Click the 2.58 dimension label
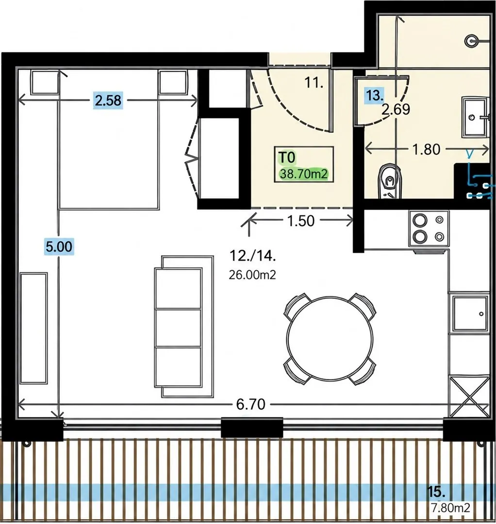(x=108, y=100)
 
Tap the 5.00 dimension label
(x=59, y=246)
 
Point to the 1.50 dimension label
(x=301, y=221)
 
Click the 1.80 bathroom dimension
(x=427, y=149)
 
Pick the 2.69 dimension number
(x=396, y=109)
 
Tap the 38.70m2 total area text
(x=304, y=174)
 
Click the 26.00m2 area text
(x=252, y=275)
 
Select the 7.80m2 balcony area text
(x=450, y=508)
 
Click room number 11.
(x=314, y=82)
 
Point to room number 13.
(x=374, y=96)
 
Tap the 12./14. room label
(x=253, y=256)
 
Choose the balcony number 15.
(x=436, y=492)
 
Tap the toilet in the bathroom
(x=389, y=181)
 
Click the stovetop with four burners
(x=429, y=229)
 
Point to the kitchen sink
(x=470, y=314)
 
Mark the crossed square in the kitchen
(x=469, y=397)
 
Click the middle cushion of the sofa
(x=178, y=328)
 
